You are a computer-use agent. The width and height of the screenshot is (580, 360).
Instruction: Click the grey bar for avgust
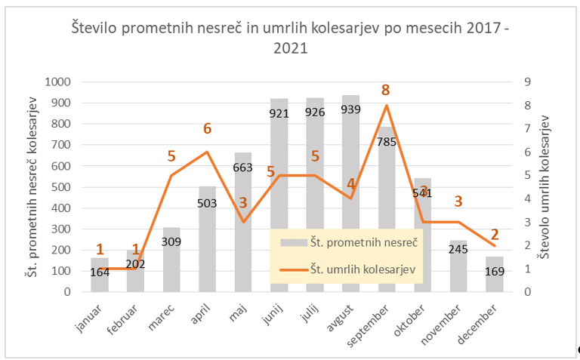[x=350, y=166]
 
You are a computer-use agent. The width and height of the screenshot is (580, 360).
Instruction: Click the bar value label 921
[x=279, y=112]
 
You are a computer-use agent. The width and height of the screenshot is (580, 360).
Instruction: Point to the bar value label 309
[x=171, y=241]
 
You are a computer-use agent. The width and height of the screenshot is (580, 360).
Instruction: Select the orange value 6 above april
[x=207, y=129]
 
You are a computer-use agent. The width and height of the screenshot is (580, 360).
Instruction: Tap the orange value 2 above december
[x=495, y=234]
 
